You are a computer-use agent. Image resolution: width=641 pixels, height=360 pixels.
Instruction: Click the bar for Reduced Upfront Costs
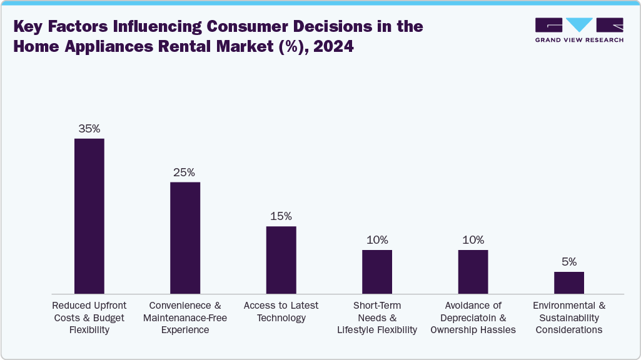[89, 216]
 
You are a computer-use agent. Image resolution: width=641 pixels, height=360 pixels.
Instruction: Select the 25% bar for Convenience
[185, 237]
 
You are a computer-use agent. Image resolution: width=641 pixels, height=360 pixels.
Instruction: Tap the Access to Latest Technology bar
[281, 259]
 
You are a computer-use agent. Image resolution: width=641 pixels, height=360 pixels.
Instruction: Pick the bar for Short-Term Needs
[377, 271]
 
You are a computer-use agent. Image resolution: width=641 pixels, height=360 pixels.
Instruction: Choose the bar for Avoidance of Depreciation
[473, 271]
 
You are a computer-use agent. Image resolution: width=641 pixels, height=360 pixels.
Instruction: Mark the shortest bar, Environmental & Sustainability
[569, 282]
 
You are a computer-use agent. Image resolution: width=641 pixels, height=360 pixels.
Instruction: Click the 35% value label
[89, 129]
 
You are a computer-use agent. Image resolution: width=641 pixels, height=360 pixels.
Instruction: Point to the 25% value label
[184, 172]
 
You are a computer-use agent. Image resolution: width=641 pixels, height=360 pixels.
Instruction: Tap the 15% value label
[281, 216]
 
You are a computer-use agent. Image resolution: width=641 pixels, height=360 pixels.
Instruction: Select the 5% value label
[569, 262]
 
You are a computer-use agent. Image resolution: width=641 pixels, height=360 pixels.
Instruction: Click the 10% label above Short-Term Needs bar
[377, 240]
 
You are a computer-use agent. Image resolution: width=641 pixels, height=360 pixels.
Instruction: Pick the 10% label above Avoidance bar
[473, 240]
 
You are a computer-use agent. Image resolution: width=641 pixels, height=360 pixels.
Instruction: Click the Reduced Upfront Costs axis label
[89, 317]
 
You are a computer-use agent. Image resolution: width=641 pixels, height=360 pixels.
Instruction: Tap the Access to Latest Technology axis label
[281, 311]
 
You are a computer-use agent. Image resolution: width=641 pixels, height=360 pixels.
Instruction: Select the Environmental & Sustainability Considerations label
[569, 317]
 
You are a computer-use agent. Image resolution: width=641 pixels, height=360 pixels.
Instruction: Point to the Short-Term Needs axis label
[377, 317]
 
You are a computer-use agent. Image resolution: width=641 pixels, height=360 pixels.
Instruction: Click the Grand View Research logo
[579, 30]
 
